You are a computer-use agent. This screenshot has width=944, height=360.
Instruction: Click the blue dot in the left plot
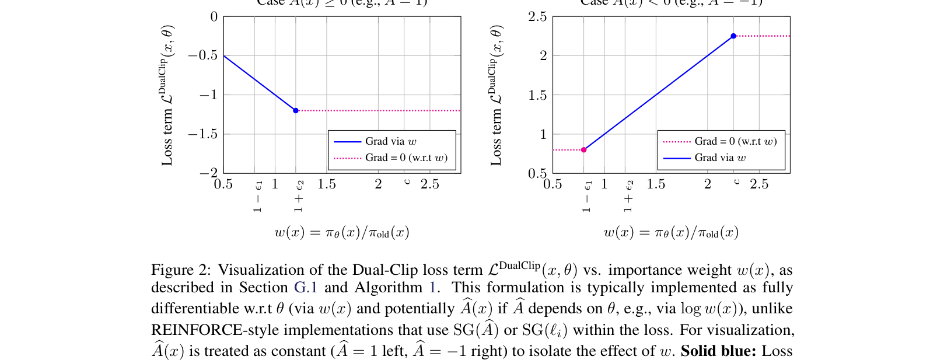coord(296,110)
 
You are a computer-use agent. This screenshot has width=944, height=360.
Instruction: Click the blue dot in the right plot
coord(733,36)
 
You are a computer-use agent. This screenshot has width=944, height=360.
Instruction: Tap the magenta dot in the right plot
coord(584,150)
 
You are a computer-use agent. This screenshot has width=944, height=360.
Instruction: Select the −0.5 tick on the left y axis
coord(202,55)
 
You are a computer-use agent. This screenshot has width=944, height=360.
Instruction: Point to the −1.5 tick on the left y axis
coord(202,134)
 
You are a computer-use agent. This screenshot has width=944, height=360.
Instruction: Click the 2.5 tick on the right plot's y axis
coord(537,17)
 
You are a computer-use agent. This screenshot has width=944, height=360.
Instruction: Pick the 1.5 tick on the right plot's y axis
coord(537,95)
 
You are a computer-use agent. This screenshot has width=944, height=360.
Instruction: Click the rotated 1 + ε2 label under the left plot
coord(299,196)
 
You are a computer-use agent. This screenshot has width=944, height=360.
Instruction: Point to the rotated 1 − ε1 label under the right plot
coord(588,196)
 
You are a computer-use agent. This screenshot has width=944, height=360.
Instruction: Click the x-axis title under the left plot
coord(342,232)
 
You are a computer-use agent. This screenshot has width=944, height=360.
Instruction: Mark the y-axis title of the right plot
coord(497,95)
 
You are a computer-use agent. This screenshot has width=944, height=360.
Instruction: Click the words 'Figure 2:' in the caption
coord(181,270)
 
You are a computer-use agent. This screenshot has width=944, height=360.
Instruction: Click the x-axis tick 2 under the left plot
coord(378,184)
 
